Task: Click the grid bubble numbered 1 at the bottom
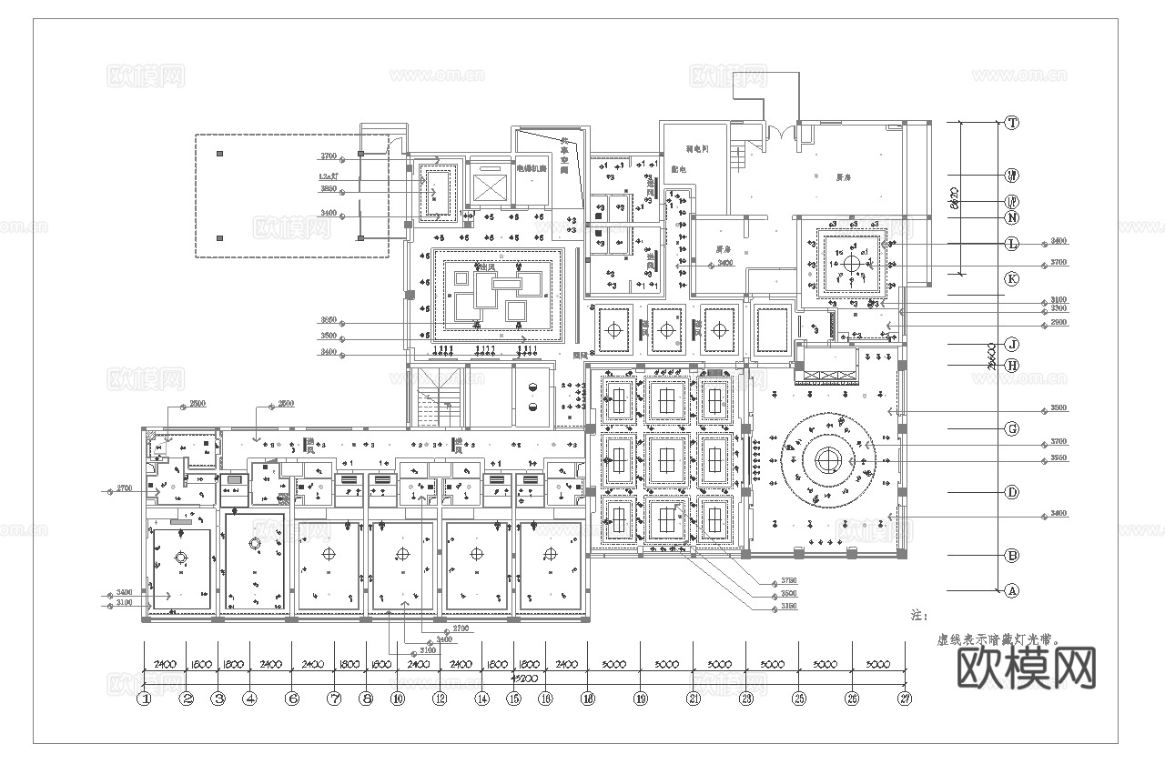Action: pyautogui.click(x=144, y=699)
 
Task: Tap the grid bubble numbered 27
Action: pyautogui.click(x=905, y=699)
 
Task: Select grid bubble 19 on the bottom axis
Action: pyautogui.click(x=641, y=699)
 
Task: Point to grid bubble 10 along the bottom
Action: pyautogui.click(x=398, y=699)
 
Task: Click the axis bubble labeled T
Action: pyautogui.click(x=1011, y=123)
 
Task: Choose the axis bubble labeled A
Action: pyautogui.click(x=1011, y=590)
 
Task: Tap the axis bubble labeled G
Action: pyautogui.click(x=1011, y=428)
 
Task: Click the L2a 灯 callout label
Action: pyautogui.click(x=329, y=176)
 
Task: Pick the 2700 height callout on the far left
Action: pyautogui.click(x=125, y=489)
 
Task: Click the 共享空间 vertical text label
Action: pyautogui.click(x=564, y=156)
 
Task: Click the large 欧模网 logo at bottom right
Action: pyautogui.click(x=1027, y=669)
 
